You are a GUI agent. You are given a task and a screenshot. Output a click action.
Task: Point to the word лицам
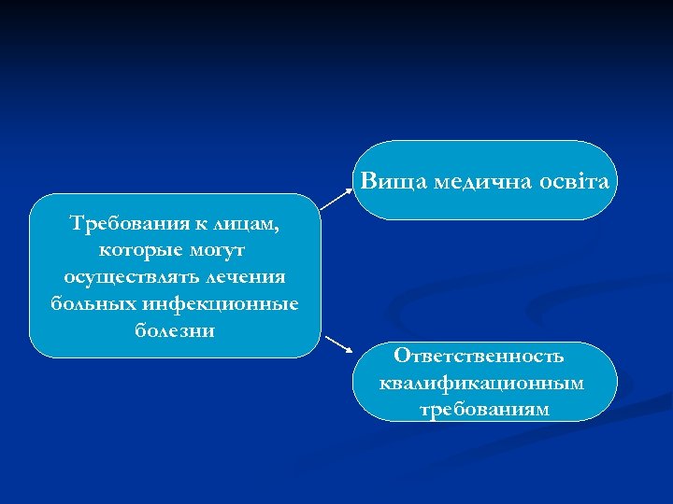click(247, 224)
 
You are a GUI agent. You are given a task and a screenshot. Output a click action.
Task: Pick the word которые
click(136, 251)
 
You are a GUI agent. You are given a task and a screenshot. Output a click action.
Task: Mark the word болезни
click(175, 330)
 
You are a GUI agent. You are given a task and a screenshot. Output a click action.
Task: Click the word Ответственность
click(479, 356)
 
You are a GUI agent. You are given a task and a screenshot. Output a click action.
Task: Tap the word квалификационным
click(482, 383)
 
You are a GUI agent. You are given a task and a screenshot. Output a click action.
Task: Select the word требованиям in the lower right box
click(484, 409)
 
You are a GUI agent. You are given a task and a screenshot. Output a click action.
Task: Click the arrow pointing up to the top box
click(338, 193)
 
